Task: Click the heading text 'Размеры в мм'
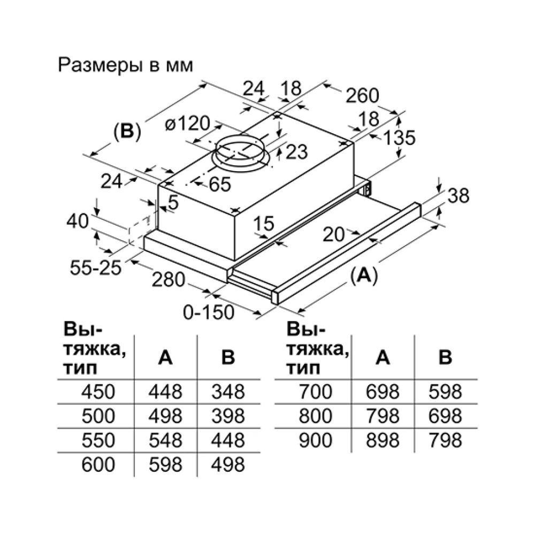click(125, 65)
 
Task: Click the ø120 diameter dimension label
click(187, 123)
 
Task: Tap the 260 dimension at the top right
click(362, 96)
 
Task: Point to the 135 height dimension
click(399, 138)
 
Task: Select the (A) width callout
click(364, 276)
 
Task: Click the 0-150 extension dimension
click(209, 312)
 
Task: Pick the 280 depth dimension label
click(168, 280)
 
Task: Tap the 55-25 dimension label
click(96, 268)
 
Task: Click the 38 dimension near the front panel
click(458, 196)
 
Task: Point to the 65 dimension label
click(220, 184)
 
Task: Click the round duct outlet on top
click(241, 153)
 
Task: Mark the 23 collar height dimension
click(296, 152)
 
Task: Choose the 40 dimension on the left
click(78, 221)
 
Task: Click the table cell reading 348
click(228, 392)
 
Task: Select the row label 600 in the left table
click(98, 465)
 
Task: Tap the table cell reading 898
click(383, 440)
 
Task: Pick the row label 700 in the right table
click(315, 392)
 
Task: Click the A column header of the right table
click(383, 357)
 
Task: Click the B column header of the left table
click(228, 357)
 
